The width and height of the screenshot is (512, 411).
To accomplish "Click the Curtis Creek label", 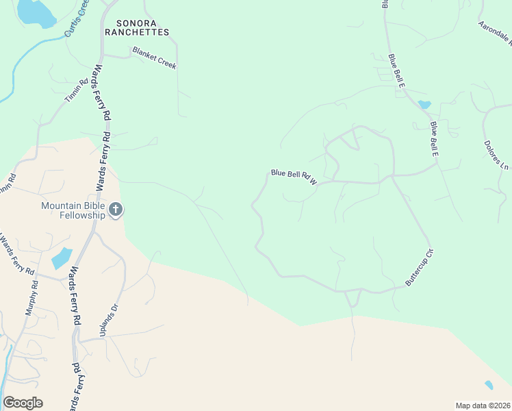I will pos(77,18).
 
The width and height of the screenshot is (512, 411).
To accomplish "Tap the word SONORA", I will pos(127,22).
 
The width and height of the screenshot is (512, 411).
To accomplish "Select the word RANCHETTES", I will pos(137,32).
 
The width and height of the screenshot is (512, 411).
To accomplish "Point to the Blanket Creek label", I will pos(155,58).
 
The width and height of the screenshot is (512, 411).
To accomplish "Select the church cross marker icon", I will pos(116,210).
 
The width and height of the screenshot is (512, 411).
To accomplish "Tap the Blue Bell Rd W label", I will pos(294,178).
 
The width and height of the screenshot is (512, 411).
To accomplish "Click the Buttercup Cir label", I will pos(420,267).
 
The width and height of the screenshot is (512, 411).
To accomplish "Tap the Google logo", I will pos(23,403).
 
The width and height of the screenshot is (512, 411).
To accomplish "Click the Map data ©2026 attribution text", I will pos(483,406).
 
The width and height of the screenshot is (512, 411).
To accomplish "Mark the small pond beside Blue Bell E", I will pos(424,105).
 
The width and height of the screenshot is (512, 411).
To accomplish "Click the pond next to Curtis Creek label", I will pos(34,12).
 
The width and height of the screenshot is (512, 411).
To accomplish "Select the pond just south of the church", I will pos(62,258).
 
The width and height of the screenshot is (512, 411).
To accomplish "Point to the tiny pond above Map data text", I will pos(488,385).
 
